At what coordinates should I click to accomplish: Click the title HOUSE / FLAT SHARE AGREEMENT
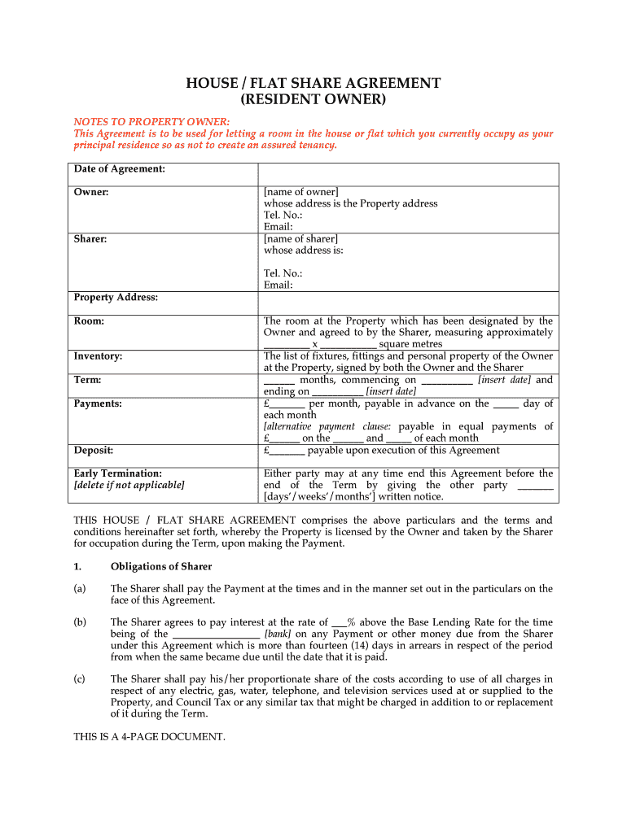point(313,83)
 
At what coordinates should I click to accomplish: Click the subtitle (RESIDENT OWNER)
point(313,100)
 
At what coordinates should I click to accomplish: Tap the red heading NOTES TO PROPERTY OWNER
point(151,121)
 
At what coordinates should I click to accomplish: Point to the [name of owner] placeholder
point(300,192)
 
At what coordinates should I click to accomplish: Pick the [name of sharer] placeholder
point(300,239)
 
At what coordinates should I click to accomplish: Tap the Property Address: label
point(116,298)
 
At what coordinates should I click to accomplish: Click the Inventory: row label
point(98,356)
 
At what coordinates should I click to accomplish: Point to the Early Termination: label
point(117,473)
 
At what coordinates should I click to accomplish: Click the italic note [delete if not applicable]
point(129,485)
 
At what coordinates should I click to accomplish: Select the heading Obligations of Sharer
point(161,566)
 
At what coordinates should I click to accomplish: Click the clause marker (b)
point(80,622)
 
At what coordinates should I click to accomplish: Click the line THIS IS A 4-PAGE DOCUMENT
point(149,737)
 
